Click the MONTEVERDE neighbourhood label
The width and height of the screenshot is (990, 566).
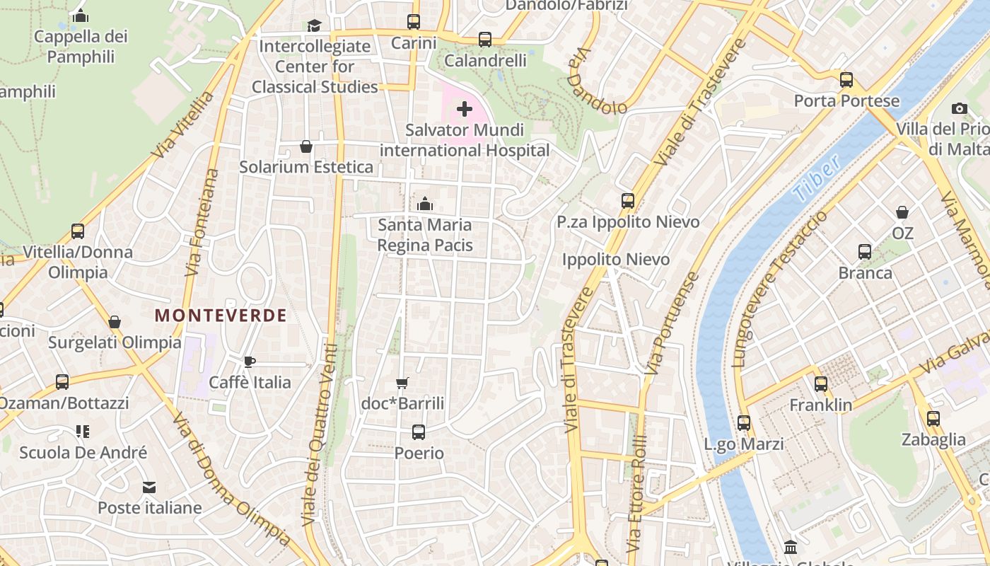coord(221,316)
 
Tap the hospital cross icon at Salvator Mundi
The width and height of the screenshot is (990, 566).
coord(465,109)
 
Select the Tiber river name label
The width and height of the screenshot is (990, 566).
coord(817,178)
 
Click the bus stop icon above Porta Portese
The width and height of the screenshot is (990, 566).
coord(846,80)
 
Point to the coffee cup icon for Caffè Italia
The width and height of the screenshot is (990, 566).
coord(249,362)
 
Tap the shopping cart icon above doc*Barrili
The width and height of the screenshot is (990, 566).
coord(402,383)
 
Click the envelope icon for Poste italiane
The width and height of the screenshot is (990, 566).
coord(149,487)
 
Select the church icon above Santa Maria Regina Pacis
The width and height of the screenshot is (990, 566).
coord(425,204)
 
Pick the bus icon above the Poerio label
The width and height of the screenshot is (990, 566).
coord(419,432)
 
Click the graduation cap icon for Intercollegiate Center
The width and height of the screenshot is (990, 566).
coord(314,26)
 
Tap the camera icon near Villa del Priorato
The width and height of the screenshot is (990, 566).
coord(960,108)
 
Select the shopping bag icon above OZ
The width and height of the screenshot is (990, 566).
coord(902,212)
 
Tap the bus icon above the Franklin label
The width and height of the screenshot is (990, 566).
coord(821,384)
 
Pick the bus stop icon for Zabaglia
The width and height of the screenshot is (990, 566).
coord(933,419)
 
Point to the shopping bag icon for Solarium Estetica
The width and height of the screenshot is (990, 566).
coord(306,146)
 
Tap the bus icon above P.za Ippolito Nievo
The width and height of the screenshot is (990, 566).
coord(628,201)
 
